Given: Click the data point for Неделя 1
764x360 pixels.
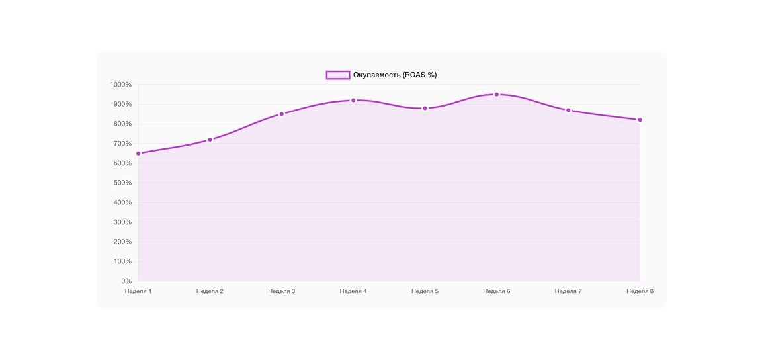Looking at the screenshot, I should [x=138, y=154].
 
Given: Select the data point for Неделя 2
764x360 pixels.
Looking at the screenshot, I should [x=210, y=140].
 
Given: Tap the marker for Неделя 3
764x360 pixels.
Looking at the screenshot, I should [x=282, y=114].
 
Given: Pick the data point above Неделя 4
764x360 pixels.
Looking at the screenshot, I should [x=353, y=101].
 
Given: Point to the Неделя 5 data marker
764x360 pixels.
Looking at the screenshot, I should [x=425, y=108].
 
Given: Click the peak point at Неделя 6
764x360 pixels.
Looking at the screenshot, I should [x=497, y=95].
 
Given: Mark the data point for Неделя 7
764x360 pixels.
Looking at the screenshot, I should [x=568, y=110].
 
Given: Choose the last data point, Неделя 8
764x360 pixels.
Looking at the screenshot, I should [x=640, y=120].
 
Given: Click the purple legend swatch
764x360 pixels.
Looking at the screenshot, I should [x=337, y=75].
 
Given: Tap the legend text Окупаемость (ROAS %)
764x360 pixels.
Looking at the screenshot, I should [x=395, y=75].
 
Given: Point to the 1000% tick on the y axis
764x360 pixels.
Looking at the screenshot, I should [x=121, y=85].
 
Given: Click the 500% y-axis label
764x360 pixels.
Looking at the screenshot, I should [x=121, y=183].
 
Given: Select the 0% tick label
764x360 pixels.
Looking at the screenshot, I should [x=126, y=281].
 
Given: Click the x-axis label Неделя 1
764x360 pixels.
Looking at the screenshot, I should [x=138, y=291].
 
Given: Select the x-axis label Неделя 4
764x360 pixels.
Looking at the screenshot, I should [x=353, y=291].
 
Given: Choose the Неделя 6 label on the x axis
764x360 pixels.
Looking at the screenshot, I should [x=497, y=291].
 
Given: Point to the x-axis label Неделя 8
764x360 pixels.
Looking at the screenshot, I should [x=640, y=291].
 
